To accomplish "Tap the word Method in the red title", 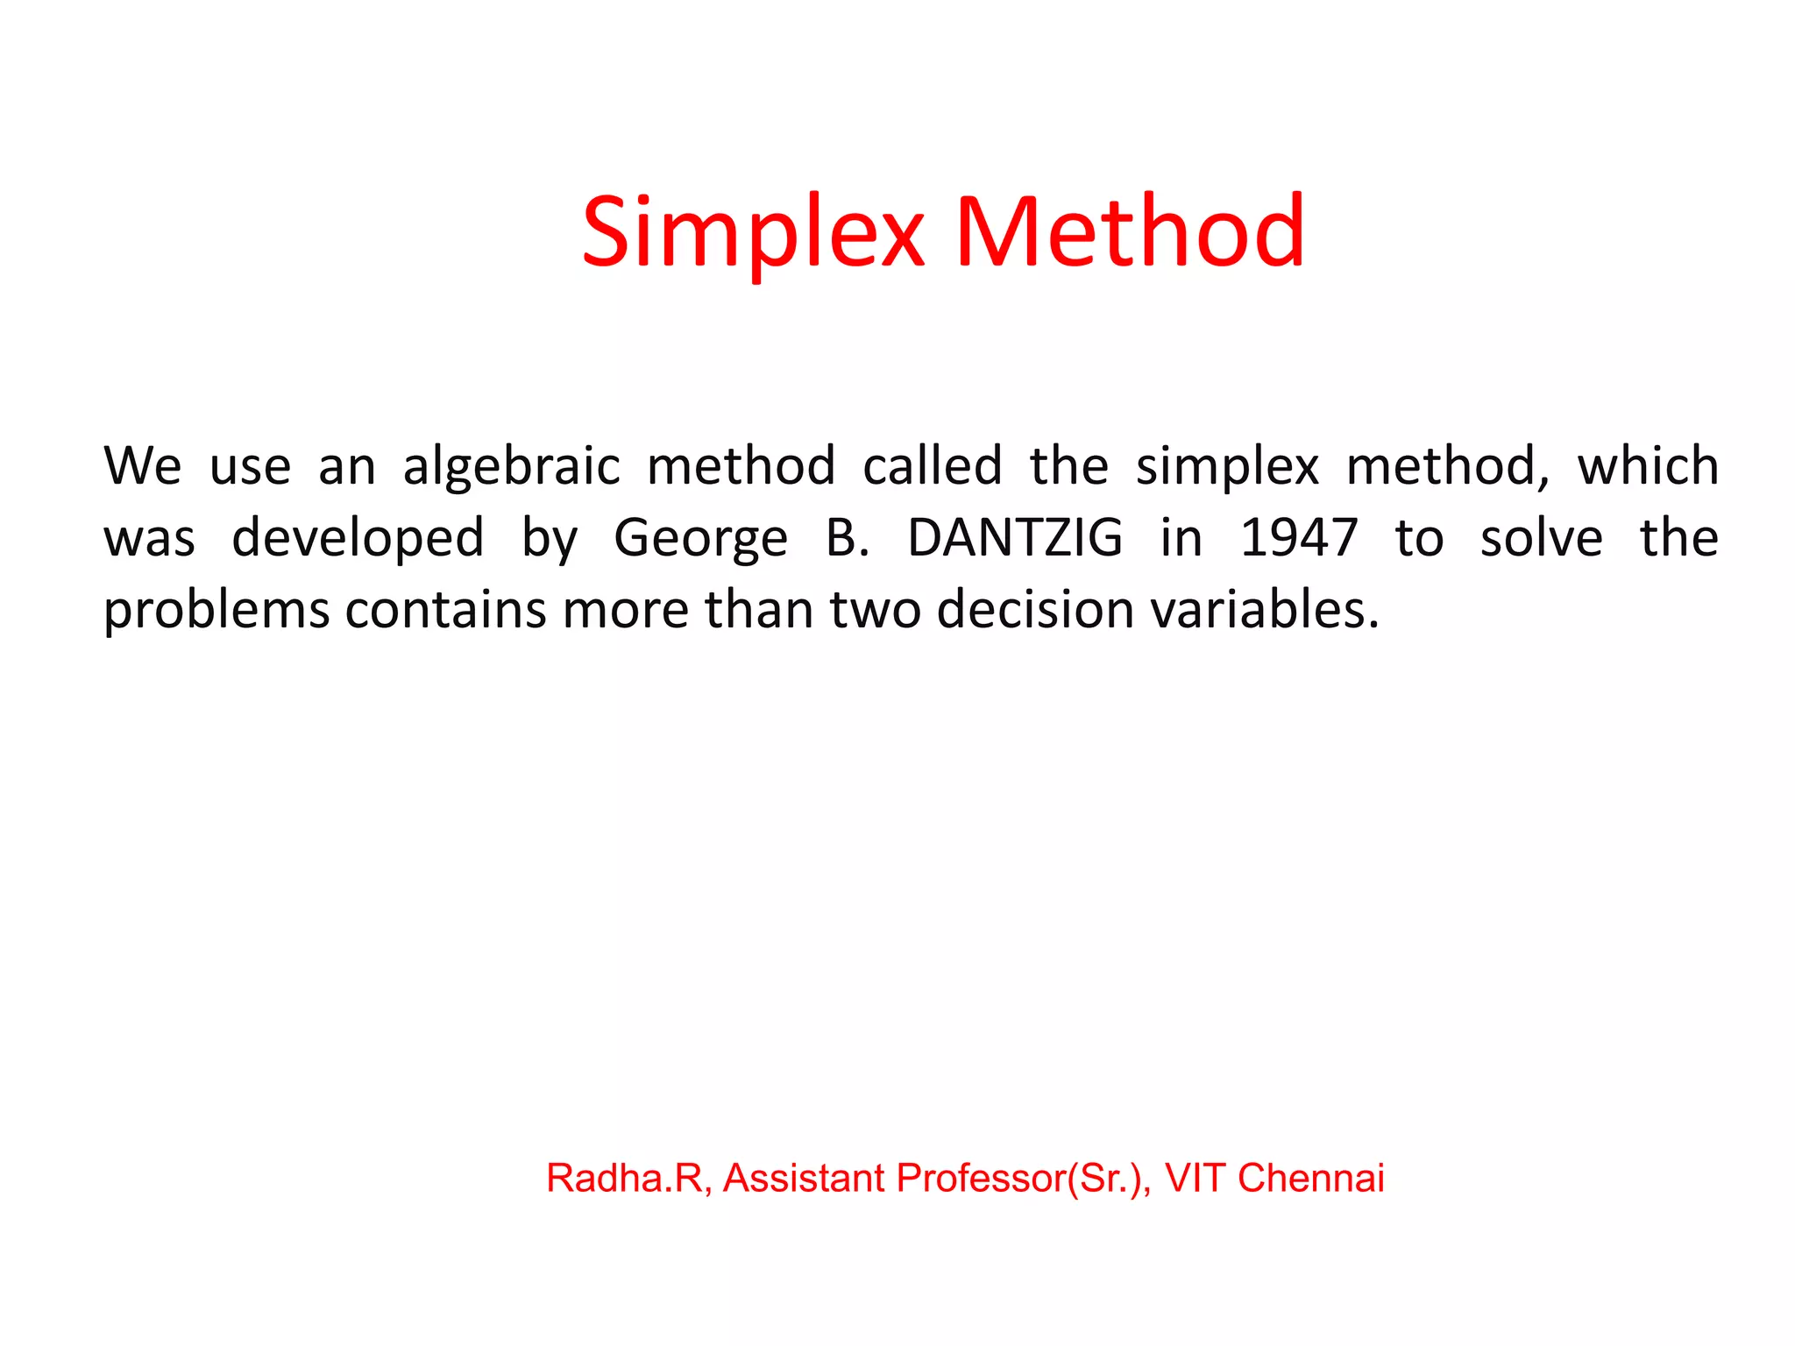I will [1130, 231].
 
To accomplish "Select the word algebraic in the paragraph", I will [511, 466].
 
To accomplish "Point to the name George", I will [700, 538].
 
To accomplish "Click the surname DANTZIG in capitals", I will [1014, 537].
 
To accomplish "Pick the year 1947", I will [1299, 537].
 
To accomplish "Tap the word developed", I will [358, 538].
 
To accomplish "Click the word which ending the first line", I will [1648, 465].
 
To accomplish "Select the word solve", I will [1541, 537].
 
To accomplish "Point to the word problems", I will [216, 611].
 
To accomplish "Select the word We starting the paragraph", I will [143, 465].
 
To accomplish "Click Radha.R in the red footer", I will [628, 1178].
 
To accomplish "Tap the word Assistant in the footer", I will [804, 1178].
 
